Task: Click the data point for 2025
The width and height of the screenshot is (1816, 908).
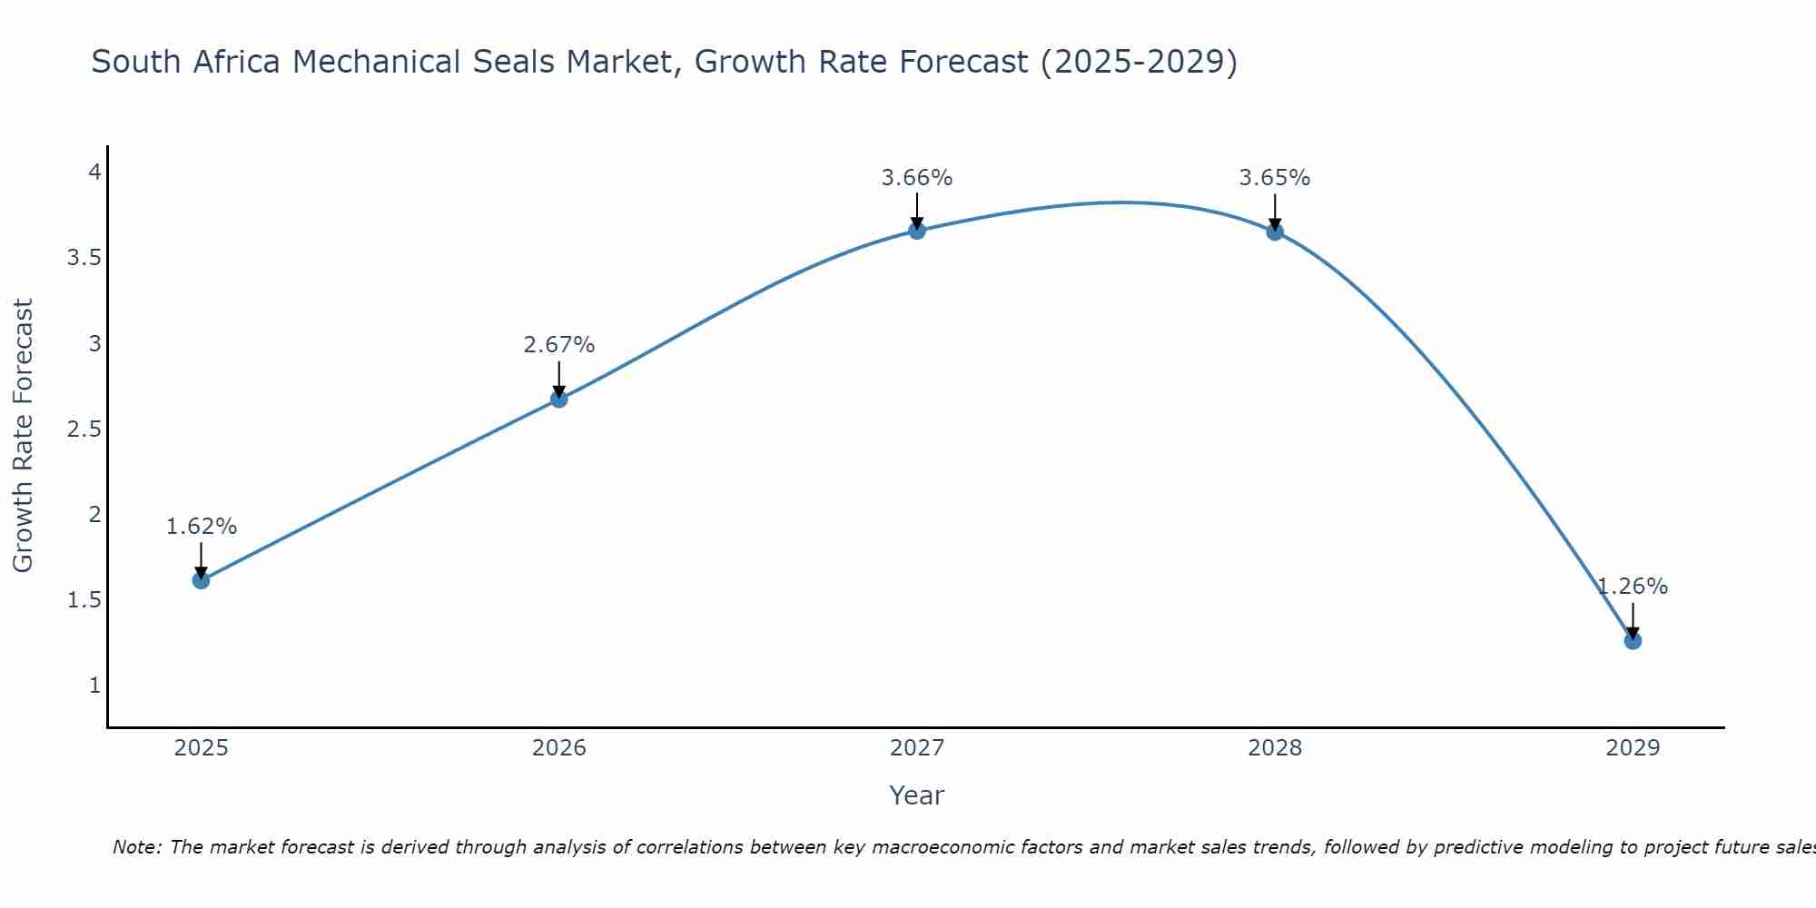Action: pos(202,580)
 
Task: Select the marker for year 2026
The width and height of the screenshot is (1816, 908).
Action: pos(559,399)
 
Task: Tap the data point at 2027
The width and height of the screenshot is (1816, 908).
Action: pos(917,231)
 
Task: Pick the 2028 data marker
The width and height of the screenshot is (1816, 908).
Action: pos(1275,232)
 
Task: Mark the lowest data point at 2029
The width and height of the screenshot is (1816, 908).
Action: pos(1633,641)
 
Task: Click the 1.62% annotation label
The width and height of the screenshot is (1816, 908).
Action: pos(202,527)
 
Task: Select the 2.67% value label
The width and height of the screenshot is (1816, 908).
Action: pos(559,345)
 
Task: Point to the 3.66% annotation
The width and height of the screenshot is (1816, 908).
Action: pos(917,178)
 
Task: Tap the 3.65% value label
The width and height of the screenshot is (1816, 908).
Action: pos(1275,178)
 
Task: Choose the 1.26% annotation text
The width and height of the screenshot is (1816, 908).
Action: pos(1633,587)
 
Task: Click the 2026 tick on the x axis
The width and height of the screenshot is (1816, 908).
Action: pos(559,748)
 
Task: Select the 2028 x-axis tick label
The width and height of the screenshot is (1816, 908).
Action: pos(1275,748)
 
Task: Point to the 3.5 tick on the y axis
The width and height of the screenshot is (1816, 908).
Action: pos(84,258)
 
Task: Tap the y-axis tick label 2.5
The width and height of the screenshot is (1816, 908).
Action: pos(84,429)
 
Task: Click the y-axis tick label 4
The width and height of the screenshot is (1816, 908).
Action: pos(94,173)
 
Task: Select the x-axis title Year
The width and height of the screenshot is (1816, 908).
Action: pos(917,795)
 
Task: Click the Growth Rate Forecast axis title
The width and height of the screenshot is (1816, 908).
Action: pos(23,436)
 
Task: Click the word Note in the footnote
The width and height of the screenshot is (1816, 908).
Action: pos(136,847)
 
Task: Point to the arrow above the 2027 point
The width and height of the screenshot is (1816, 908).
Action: pos(917,211)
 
